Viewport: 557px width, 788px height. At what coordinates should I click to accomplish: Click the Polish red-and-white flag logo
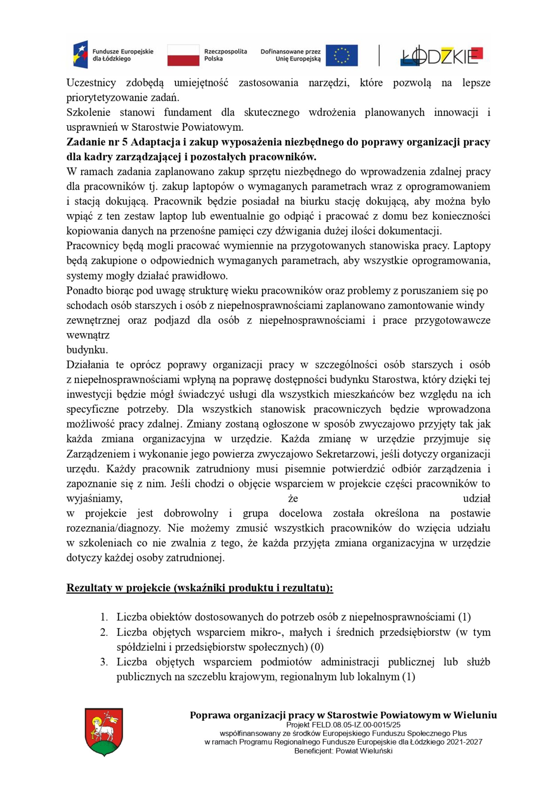point(183,55)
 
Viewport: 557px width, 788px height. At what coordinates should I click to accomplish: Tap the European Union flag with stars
point(341,55)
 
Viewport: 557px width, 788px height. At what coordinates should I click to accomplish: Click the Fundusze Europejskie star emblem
point(80,54)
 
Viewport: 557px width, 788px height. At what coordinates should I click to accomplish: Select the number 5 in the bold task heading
point(125,142)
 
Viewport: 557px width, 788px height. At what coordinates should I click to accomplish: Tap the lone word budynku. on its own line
point(87,350)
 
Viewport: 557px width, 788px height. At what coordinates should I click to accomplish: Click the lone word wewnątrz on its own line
point(88,335)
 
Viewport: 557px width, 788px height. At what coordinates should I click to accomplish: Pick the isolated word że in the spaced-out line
point(293,498)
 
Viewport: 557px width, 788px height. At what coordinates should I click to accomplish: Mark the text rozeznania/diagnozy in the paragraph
point(113,528)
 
